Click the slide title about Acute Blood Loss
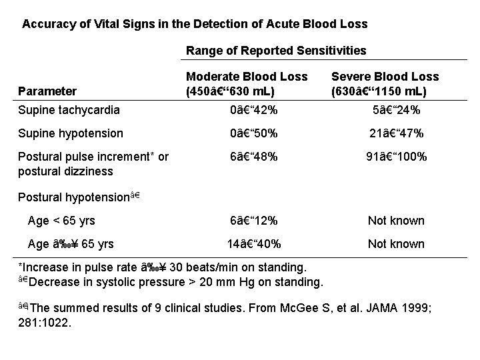[x=195, y=24]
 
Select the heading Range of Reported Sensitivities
[x=275, y=51]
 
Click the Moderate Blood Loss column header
[x=247, y=84]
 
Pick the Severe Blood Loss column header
[x=385, y=84]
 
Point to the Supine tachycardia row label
[x=69, y=110]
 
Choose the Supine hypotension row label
[x=71, y=133]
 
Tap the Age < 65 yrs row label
[x=61, y=221]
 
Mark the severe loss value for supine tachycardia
[x=396, y=110]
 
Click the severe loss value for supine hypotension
[x=396, y=133]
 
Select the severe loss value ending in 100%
[x=396, y=157]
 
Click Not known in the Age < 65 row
[x=396, y=221]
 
